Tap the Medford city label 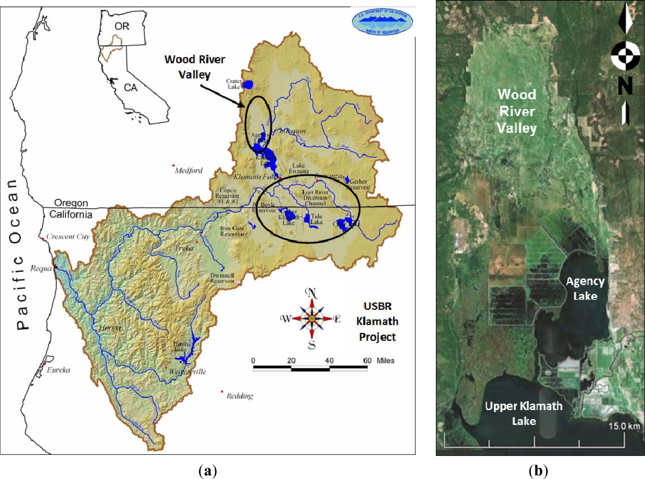[x=189, y=170]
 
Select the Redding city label [x=240, y=396]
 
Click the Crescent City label [x=68, y=237]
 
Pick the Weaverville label [x=187, y=371]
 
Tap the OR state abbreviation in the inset [x=122, y=26]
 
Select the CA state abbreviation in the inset [x=130, y=88]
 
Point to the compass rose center [x=312, y=319]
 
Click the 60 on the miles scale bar [x=367, y=360]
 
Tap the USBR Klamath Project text [x=377, y=322]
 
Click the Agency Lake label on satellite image [x=585, y=288]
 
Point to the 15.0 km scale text [x=624, y=426]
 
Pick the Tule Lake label [x=316, y=219]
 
